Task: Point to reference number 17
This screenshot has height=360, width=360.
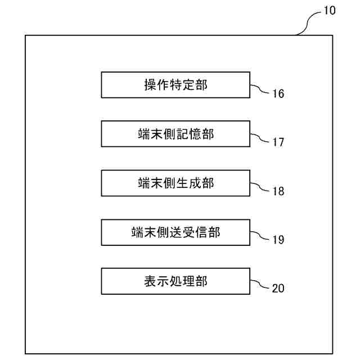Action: (x=278, y=142)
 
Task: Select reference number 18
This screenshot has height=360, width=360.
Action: (x=278, y=191)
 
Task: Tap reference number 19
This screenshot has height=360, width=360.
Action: (x=278, y=240)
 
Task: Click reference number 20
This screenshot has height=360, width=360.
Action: (x=278, y=289)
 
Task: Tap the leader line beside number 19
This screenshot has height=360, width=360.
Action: (x=259, y=236)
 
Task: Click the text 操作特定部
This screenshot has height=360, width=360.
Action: (x=175, y=85)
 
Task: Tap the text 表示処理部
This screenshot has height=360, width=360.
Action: (x=175, y=281)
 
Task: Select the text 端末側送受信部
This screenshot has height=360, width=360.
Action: (x=175, y=232)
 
